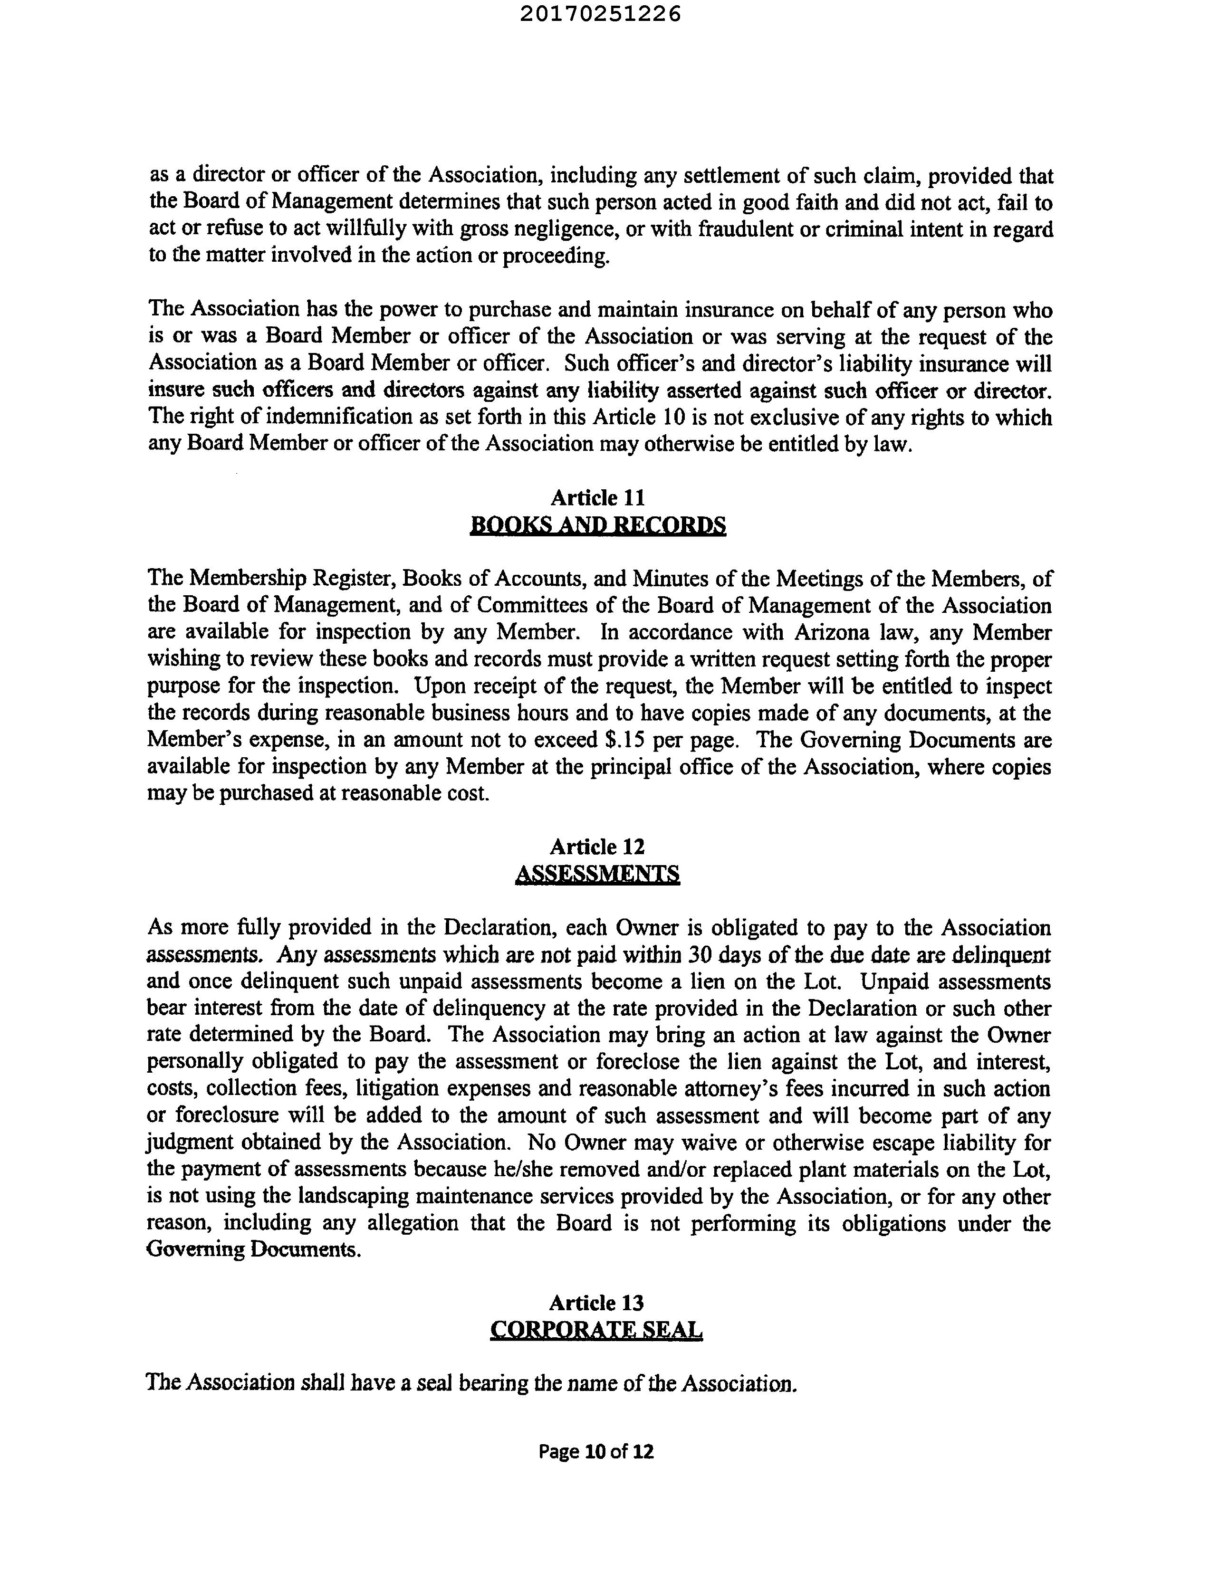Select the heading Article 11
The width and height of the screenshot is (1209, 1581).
597,498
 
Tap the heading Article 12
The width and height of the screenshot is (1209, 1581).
597,847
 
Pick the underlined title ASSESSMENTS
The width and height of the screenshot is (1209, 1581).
597,874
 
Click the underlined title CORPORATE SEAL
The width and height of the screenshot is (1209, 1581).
596,1330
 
